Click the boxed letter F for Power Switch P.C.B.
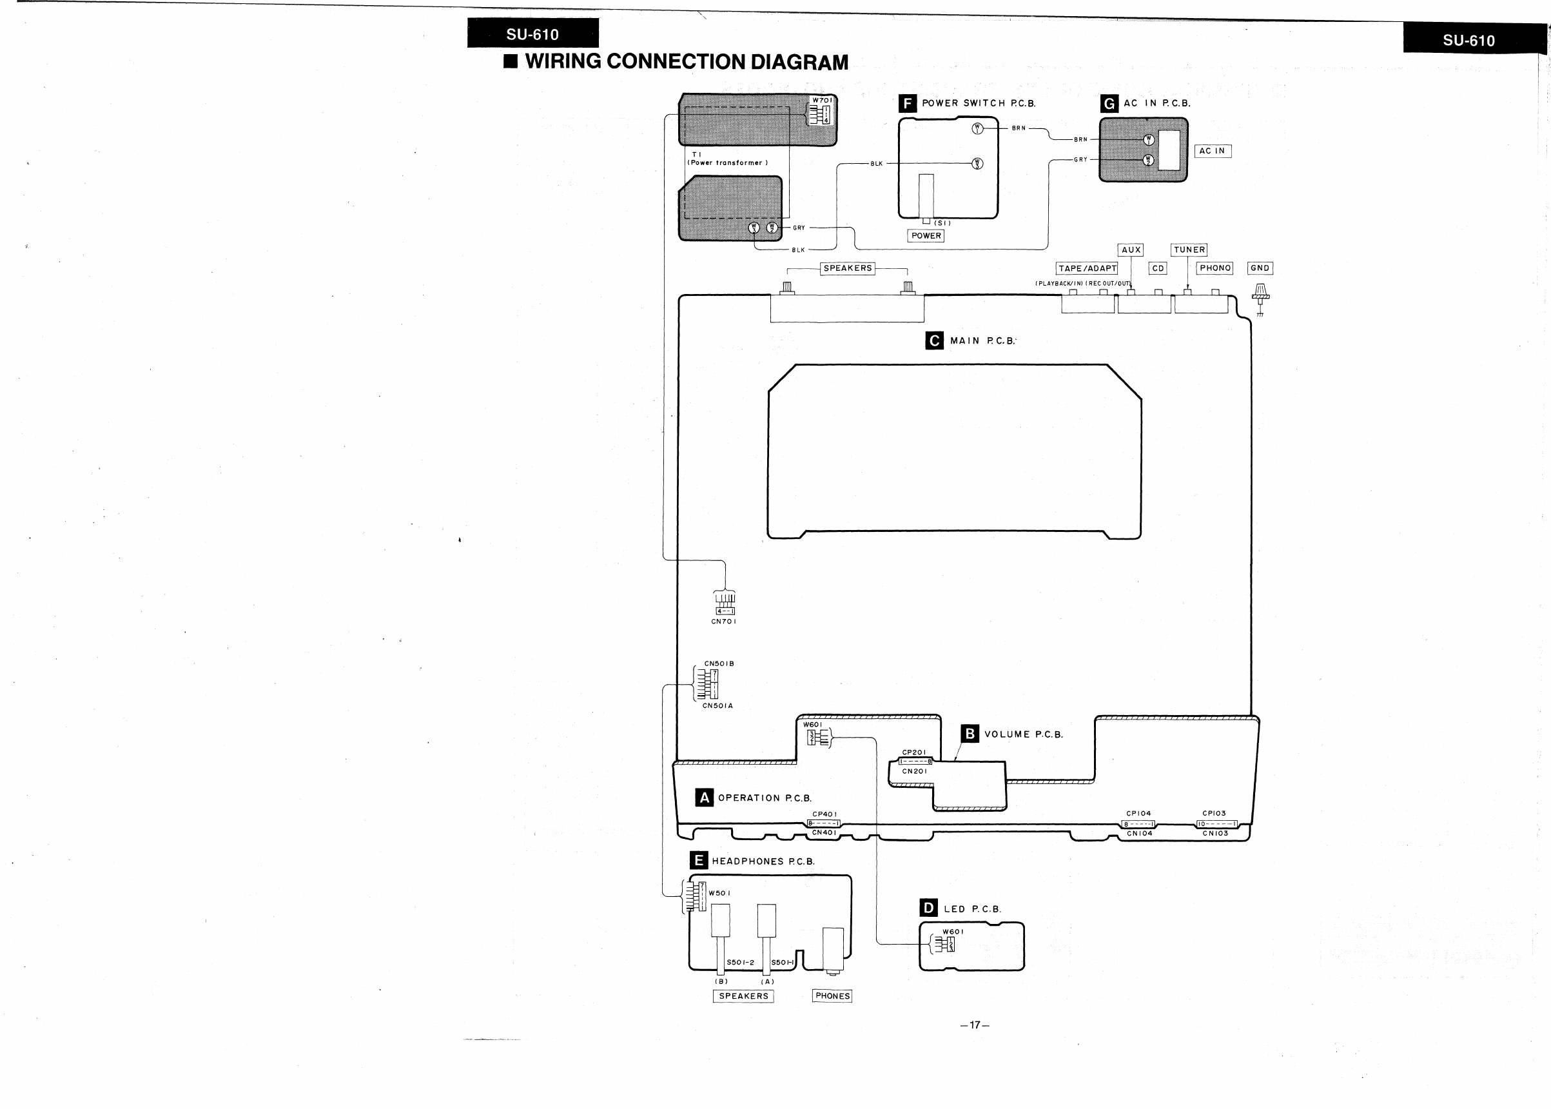coord(907,104)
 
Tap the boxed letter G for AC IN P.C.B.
coord(1109,104)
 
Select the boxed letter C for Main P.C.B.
coord(935,340)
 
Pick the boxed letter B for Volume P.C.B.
coord(970,734)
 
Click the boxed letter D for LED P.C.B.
coord(928,908)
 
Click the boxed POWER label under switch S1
coord(926,235)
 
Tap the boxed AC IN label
coord(1212,151)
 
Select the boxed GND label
coord(1260,268)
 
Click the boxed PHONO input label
coord(1215,268)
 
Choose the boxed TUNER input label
coord(1189,250)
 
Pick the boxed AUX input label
coord(1131,250)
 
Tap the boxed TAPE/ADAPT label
coord(1088,268)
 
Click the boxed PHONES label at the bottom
coord(832,996)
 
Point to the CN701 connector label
coord(724,622)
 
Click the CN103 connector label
coord(1215,833)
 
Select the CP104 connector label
coord(1138,813)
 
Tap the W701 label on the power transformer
coord(822,101)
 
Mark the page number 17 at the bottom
coord(975,1025)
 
